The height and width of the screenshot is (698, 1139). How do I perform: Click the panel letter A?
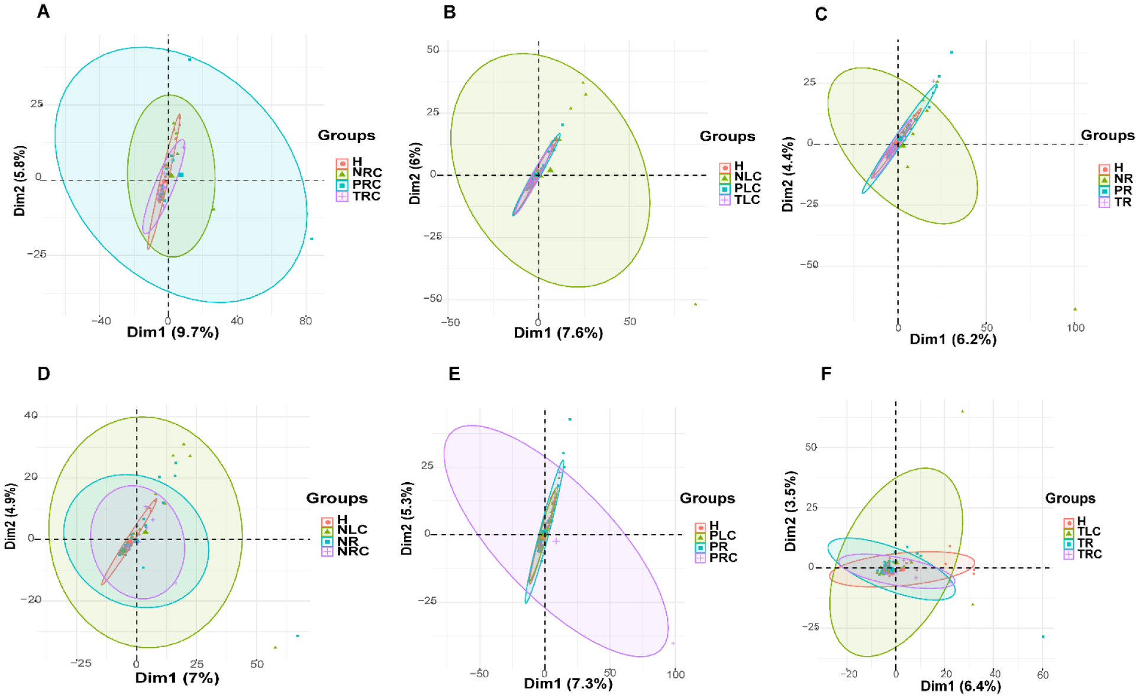point(43,11)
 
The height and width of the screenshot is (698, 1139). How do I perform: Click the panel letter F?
point(826,374)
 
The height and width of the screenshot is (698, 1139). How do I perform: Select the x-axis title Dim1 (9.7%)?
point(173,332)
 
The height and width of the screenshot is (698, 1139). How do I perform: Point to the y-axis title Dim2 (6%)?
point(415,173)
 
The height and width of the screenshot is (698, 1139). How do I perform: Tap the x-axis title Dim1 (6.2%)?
point(953,340)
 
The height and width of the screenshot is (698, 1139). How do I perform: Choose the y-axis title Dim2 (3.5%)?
point(790,511)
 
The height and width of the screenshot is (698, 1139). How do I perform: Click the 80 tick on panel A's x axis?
point(305,321)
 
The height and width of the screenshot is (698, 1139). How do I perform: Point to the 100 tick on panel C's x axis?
point(1075,328)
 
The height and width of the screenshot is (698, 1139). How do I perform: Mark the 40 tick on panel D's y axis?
point(31,416)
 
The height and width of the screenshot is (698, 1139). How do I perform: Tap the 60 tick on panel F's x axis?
point(1043,675)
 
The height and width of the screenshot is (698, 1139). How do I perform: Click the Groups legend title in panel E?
point(707,499)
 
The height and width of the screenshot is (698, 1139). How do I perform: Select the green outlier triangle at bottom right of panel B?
point(695,304)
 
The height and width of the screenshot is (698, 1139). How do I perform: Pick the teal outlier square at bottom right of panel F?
point(1043,636)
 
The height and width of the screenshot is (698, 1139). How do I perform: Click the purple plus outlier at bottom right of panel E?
point(673,643)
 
